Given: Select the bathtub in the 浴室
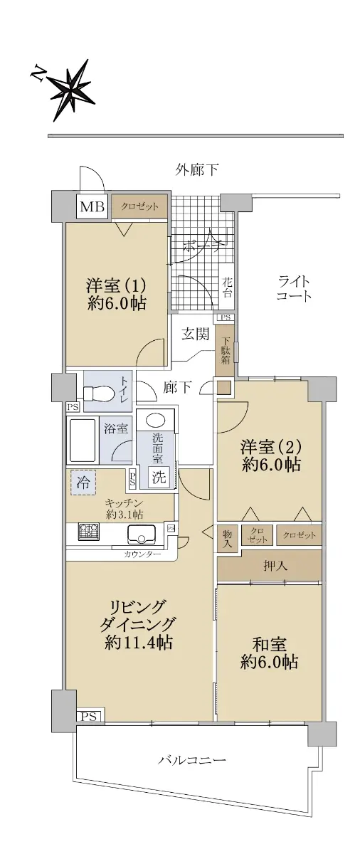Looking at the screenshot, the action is (82, 441).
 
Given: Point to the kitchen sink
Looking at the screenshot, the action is (142, 534).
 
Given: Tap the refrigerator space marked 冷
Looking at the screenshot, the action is (83, 483).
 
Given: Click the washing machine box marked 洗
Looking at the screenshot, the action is (159, 477).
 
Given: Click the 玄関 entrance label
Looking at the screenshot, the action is (195, 334).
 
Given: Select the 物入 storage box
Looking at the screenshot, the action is (227, 538).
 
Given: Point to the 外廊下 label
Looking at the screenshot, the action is (197, 169).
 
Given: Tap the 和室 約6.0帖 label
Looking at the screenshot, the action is (269, 655).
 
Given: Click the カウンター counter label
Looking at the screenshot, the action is (142, 554).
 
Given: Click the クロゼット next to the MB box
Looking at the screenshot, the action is (139, 207).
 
